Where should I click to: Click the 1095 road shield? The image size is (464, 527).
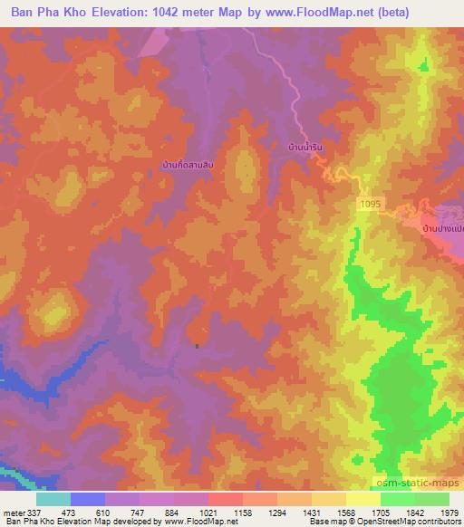[x=366, y=206]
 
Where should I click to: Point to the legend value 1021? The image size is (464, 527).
[x=208, y=512]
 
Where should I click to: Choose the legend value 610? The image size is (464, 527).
[x=105, y=512]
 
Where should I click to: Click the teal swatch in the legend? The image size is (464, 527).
[x=53, y=499]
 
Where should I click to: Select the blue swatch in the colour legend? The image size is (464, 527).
[x=88, y=499]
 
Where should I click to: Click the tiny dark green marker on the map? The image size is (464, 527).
[x=197, y=345]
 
